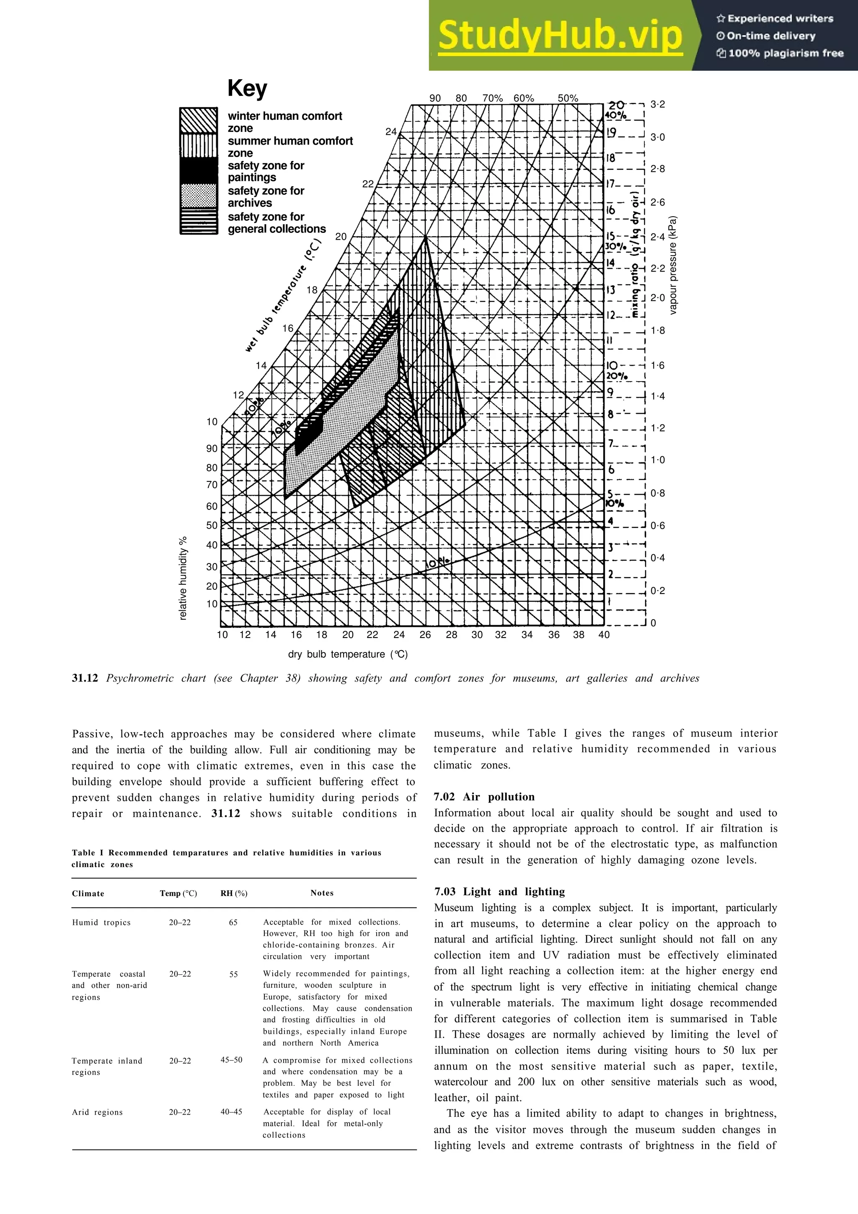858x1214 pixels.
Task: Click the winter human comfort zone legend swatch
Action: [199, 121]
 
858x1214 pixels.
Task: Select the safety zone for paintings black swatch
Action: [199, 171]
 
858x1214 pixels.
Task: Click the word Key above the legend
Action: [247, 88]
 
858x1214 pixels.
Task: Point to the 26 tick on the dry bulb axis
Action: [425, 635]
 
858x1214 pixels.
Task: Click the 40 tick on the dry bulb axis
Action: [604, 635]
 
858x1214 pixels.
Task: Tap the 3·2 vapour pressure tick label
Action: [658, 104]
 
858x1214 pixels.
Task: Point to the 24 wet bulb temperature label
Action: [391, 132]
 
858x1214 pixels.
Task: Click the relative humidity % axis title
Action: [183, 578]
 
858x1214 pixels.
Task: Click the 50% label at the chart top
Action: [568, 98]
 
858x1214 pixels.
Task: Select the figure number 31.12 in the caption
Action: [85, 678]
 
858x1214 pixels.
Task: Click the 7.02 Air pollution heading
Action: [484, 797]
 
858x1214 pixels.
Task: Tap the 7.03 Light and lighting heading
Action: [499, 891]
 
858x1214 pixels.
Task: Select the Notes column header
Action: [322, 893]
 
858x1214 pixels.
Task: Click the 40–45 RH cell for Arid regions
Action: [232, 1112]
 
